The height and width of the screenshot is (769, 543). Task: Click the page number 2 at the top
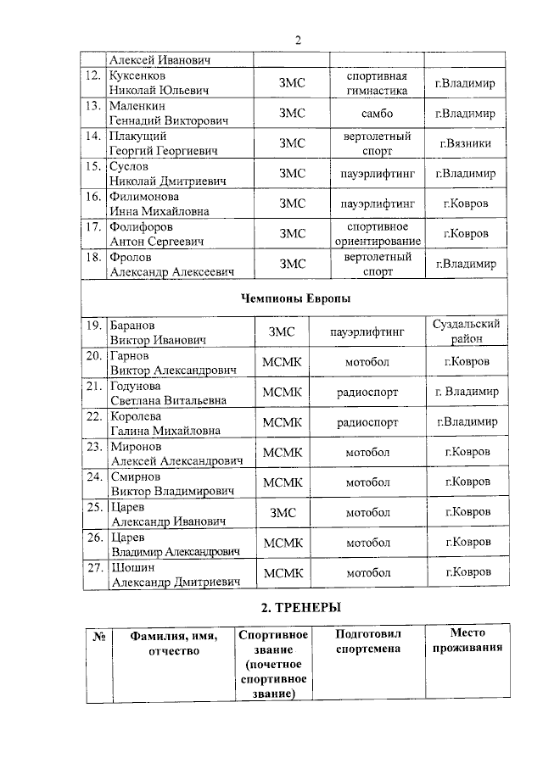click(298, 40)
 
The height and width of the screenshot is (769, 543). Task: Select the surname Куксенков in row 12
click(137, 75)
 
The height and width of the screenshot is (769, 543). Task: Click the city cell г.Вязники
click(465, 143)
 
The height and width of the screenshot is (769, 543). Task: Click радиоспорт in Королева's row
click(367, 421)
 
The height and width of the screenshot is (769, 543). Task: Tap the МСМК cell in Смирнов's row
click(283, 482)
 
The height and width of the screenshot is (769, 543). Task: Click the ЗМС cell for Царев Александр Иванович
click(283, 513)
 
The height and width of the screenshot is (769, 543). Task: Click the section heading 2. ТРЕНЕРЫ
click(296, 607)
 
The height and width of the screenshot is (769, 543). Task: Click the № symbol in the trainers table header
click(98, 636)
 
